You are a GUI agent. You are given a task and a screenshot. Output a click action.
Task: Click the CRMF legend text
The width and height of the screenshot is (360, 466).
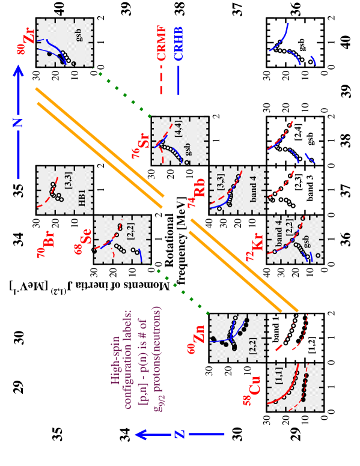point(161,43)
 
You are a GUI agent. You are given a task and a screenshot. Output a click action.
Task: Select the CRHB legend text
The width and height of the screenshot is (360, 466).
point(178,43)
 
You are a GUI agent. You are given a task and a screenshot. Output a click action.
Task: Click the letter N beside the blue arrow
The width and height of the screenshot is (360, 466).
point(18,123)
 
